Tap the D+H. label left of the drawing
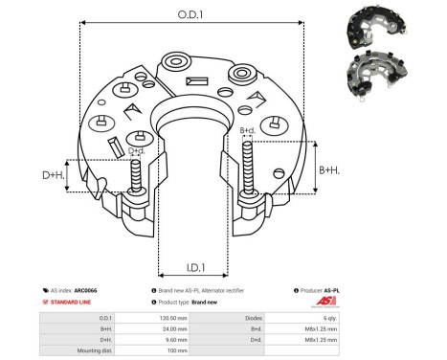click(53, 176)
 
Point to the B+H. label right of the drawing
click(328, 169)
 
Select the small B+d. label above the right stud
click(247, 130)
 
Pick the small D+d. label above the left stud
click(136, 150)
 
